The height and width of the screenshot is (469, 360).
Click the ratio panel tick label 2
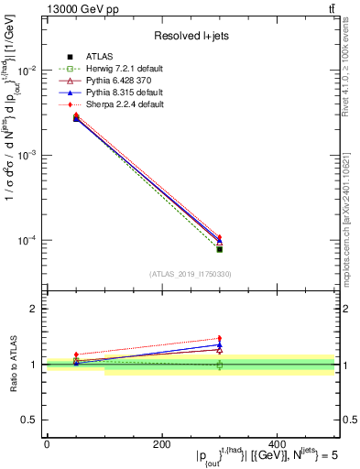[x=35, y=310]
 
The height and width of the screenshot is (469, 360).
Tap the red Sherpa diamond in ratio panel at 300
[x=220, y=338]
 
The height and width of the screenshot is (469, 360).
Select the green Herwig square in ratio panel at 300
[x=220, y=365]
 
